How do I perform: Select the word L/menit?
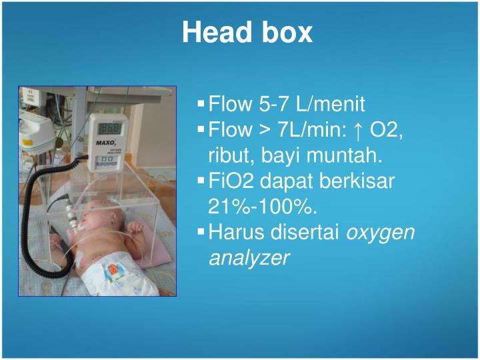pyautogui.click(x=331, y=104)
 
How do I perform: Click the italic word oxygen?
pyautogui.click(x=382, y=233)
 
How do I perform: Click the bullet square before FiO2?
pyautogui.click(x=201, y=181)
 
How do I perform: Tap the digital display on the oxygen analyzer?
pyautogui.click(x=111, y=128)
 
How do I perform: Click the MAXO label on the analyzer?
pyautogui.click(x=103, y=143)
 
